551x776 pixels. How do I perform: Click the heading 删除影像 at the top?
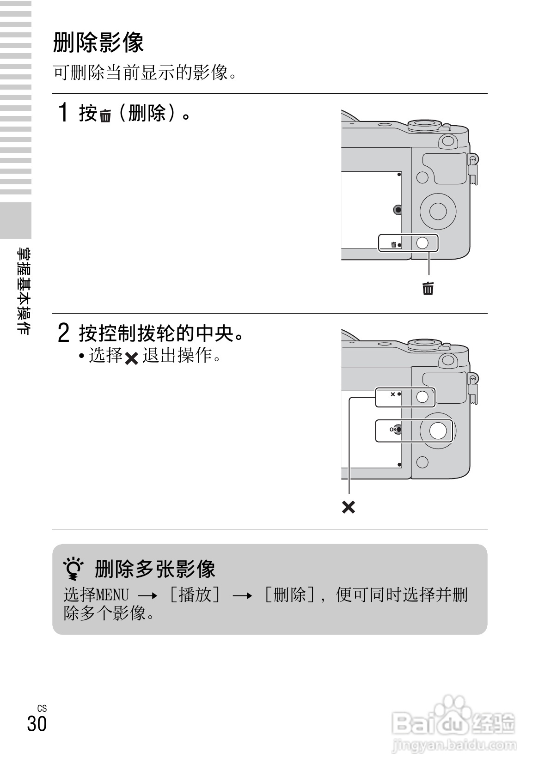pyautogui.click(x=98, y=42)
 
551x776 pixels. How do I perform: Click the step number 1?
pyautogui.click(x=64, y=113)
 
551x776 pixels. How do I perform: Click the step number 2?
pyautogui.click(x=64, y=333)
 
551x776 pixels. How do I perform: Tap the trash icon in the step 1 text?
pyautogui.click(x=105, y=116)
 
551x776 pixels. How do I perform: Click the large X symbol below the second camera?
pyautogui.click(x=349, y=507)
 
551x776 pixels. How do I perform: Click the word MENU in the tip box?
pyautogui.click(x=112, y=594)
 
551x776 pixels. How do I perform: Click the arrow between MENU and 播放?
pyautogui.click(x=148, y=596)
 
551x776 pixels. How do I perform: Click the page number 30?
pyautogui.click(x=37, y=723)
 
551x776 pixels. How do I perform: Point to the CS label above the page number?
pyautogui.click(x=42, y=708)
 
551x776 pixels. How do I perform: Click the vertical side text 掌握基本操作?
pyautogui.click(x=23, y=291)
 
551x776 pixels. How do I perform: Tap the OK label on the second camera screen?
pyautogui.click(x=393, y=430)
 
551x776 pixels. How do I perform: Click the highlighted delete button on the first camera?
pyautogui.click(x=422, y=242)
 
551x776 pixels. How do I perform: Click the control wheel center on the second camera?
pyautogui.click(x=438, y=430)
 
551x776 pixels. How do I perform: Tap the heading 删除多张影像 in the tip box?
pyautogui.click(x=155, y=569)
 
